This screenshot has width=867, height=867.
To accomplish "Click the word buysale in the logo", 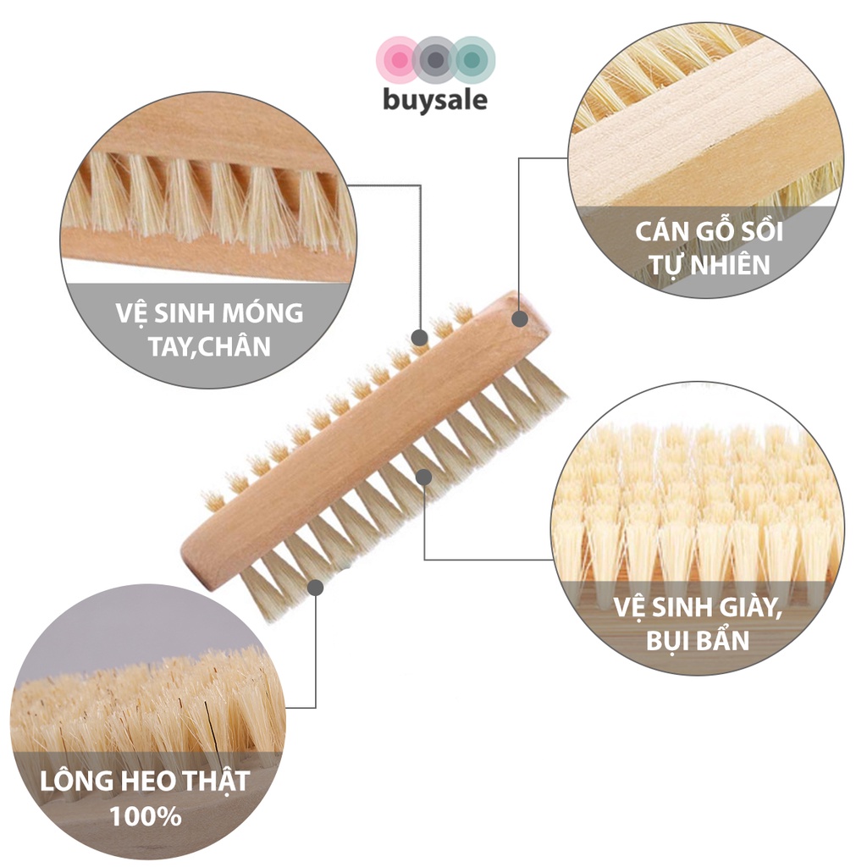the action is (435, 100).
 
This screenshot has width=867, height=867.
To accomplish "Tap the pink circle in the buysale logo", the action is (396, 60).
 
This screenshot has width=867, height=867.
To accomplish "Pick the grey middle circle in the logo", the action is (435, 60).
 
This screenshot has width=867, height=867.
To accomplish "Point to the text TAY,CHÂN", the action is (209, 346).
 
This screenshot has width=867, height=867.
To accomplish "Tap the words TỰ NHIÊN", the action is (705, 264).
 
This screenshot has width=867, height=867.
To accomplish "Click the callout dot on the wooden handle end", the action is (520, 319).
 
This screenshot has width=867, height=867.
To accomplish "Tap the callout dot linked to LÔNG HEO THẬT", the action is (316, 586).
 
